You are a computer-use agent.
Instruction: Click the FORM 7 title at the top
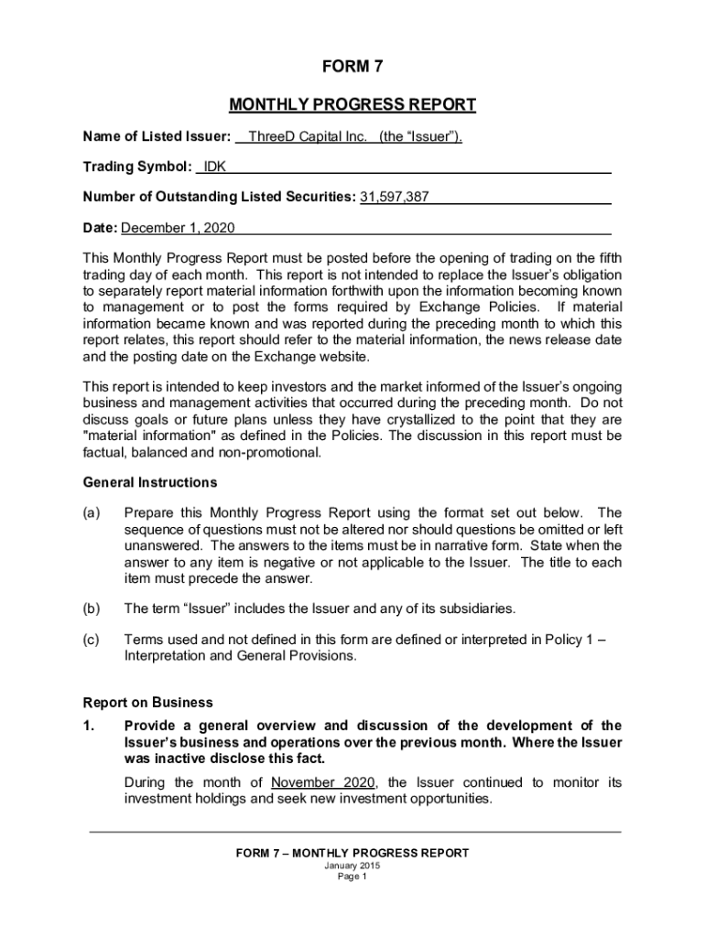click(x=352, y=67)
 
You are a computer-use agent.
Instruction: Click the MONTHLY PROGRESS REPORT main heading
click(x=352, y=104)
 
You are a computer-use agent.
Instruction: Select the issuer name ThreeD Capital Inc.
click(x=308, y=137)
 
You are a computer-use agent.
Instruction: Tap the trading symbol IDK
click(x=215, y=167)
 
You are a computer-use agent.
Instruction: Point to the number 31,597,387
click(x=395, y=197)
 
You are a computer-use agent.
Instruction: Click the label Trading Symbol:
click(x=137, y=167)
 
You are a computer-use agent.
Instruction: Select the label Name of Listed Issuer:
click(x=157, y=137)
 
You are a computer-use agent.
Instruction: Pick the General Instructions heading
click(x=150, y=482)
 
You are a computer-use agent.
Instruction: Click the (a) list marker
click(x=92, y=512)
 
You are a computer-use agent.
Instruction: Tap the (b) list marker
click(x=92, y=609)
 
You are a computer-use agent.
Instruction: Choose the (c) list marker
click(x=92, y=640)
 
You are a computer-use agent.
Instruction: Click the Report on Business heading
click(x=148, y=703)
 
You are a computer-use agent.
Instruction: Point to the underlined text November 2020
click(x=326, y=782)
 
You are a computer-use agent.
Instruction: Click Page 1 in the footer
click(x=352, y=877)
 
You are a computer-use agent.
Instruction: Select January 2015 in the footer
click(x=352, y=866)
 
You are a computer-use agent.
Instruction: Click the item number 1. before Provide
click(x=89, y=727)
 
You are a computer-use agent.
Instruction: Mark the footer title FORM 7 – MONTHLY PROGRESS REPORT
click(x=352, y=853)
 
